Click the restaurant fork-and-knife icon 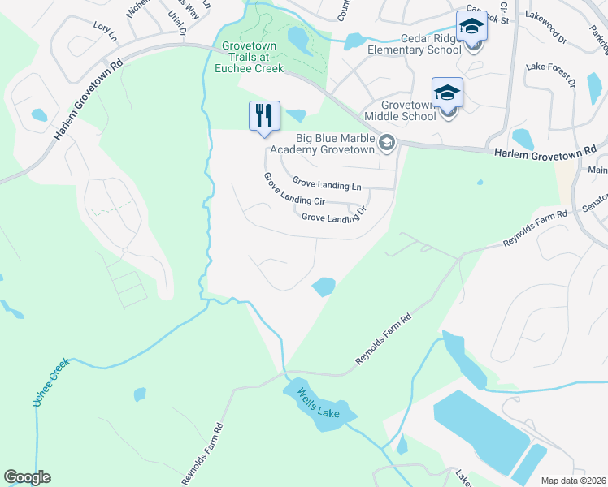263,115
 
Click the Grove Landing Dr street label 334,218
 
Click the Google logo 27,476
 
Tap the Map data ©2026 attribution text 573,481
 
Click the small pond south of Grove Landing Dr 324,286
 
